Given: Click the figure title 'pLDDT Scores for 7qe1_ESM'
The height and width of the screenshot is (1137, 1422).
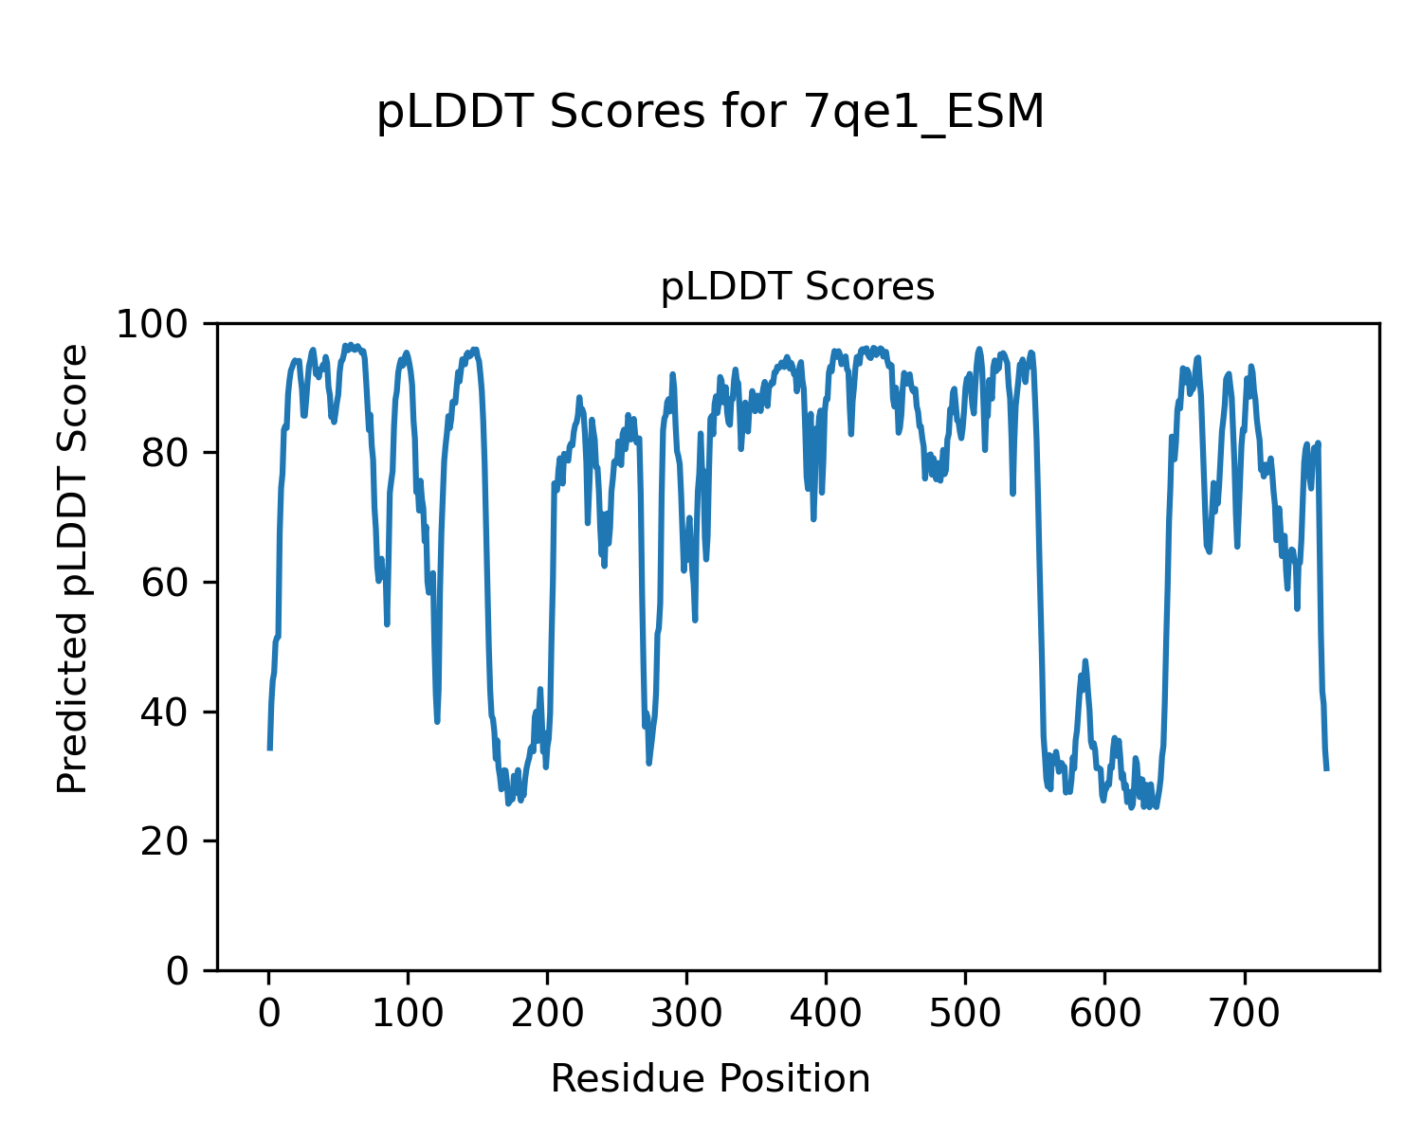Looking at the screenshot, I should (710, 114).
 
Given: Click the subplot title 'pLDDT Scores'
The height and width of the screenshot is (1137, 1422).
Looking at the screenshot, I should (797, 287).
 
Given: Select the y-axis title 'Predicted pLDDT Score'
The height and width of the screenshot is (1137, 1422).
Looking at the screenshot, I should (73, 568).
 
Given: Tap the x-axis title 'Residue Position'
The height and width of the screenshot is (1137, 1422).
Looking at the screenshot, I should (710, 1079).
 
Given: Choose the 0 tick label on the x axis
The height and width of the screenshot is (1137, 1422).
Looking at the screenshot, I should (269, 1014).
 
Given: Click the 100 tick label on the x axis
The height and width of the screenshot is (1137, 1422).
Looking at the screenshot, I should (409, 1014).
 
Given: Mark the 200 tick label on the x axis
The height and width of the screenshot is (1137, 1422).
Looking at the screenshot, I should (548, 1014).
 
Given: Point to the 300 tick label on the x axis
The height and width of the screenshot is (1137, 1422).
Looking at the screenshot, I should (687, 1014).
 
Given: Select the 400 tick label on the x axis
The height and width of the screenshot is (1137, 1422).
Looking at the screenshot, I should (827, 1014).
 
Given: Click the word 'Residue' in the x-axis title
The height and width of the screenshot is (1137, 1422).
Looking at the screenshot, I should (628, 1079).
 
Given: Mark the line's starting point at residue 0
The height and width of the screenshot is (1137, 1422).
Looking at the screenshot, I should (270, 749).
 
